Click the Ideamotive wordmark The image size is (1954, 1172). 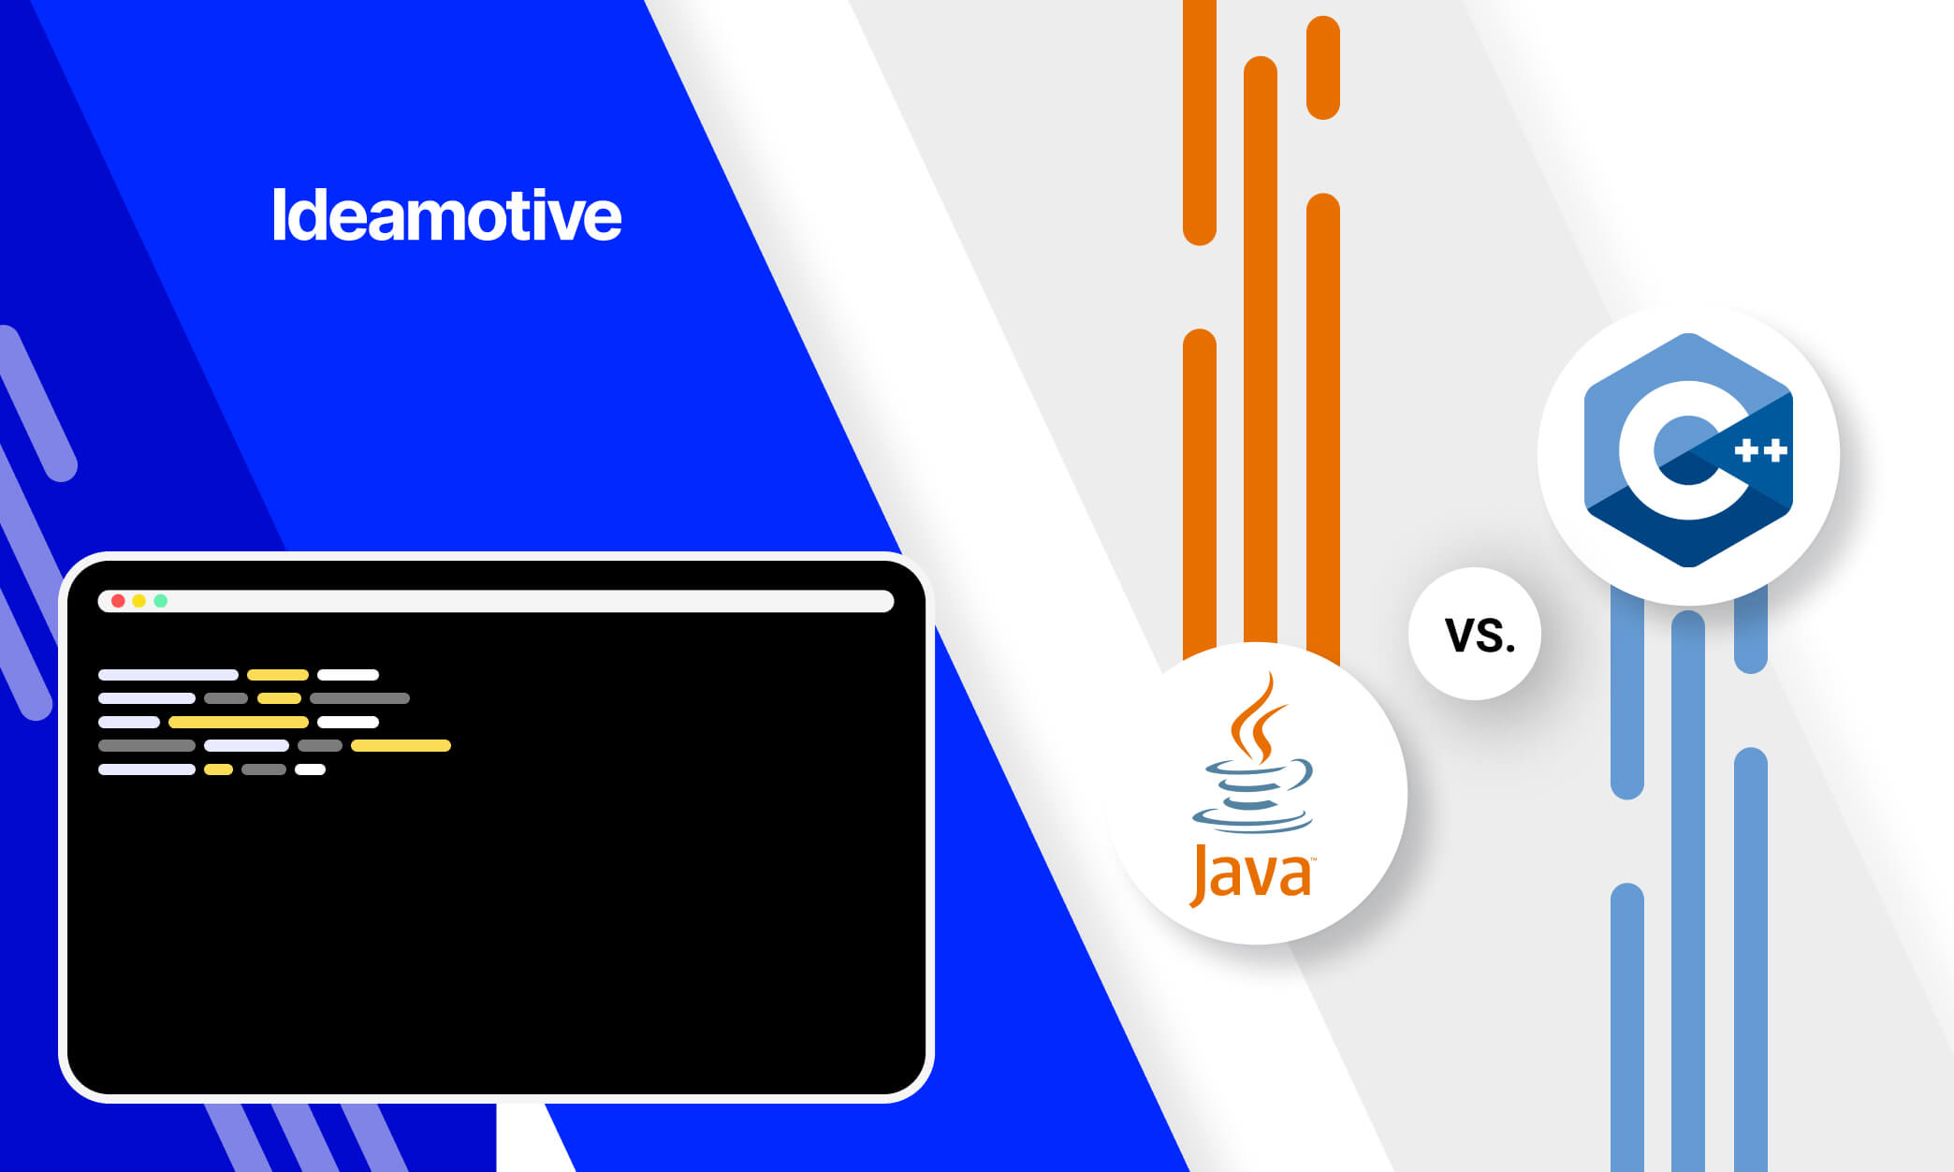pyautogui.click(x=446, y=216)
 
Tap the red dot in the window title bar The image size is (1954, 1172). pyautogui.click(x=118, y=601)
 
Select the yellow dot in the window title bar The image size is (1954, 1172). pyautogui.click(x=139, y=601)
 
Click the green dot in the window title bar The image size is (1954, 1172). pyautogui.click(x=161, y=601)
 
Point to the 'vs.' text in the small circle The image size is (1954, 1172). pyautogui.click(x=1479, y=636)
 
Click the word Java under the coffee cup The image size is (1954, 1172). pyautogui.click(x=1251, y=873)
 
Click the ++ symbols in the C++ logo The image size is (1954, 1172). pyautogui.click(x=1760, y=451)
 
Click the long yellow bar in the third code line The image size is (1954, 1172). pyautogui.click(x=239, y=722)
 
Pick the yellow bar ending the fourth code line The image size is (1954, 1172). pyautogui.click(x=401, y=746)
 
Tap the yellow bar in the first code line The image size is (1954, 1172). pyautogui.click(x=278, y=675)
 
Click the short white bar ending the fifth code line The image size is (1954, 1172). pyautogui.click(x=310, y=769)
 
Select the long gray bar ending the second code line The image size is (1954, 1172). pyautogui.click(x=359, y=698)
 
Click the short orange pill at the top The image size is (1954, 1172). pyautogui.click(x=1322, y=67)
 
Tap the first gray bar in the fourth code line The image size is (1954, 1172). pyautogui.click(x=147, y=746)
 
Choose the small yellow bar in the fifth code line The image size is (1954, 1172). pyautogui.click(x=218, y=769)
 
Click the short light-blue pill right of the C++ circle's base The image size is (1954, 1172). pyautogui.click(x=1750, y=632)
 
